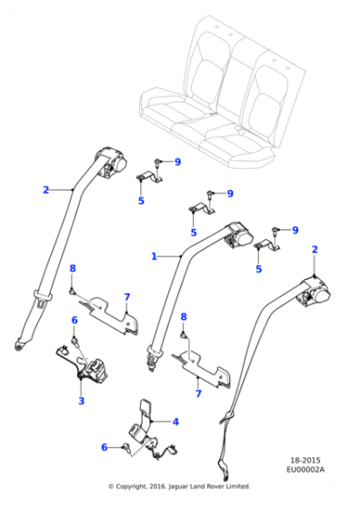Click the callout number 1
click(x=154, y=256)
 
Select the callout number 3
click(x=81, y=401)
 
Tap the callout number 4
click(x=175, y=422)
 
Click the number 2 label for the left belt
click(x=45, y=190)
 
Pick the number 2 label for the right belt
click(x=315, y=249)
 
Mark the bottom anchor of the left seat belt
click(x=20, y=344)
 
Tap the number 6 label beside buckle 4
click(x=105, y=447)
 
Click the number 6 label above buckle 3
click(x=74, y=320)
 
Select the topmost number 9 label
click(x=178, y=162)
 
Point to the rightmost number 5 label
click(x=258, y=269)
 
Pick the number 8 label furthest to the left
click(x=73, y=268)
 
